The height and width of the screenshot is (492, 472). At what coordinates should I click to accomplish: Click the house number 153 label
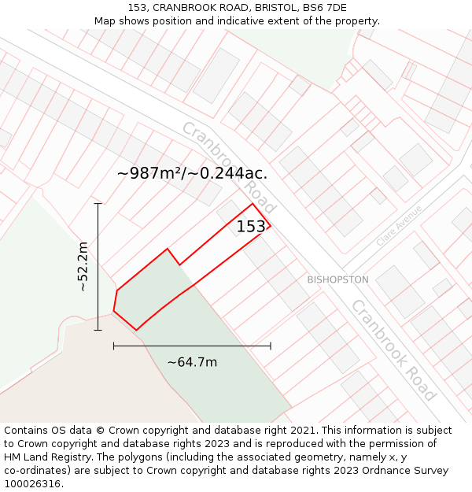tap(252, 227)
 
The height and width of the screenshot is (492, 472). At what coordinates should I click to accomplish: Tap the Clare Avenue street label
tap(399, 225)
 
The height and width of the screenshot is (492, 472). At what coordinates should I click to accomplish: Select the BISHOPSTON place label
tap(337, 279)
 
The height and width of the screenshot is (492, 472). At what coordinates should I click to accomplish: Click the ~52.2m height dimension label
tap(83, 267)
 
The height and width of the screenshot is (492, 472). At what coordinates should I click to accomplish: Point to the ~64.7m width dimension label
tap(192, 362)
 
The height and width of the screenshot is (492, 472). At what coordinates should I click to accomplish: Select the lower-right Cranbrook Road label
tap(393, 350)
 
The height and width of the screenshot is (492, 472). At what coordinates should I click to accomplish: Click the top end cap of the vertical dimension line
tap(98, 204)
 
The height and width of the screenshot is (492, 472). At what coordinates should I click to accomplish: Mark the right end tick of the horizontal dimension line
tap(271, 345)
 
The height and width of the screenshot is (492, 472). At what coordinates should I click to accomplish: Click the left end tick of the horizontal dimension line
tap(114, 345)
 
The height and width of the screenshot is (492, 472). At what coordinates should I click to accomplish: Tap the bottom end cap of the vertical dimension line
tap(98, 330)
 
